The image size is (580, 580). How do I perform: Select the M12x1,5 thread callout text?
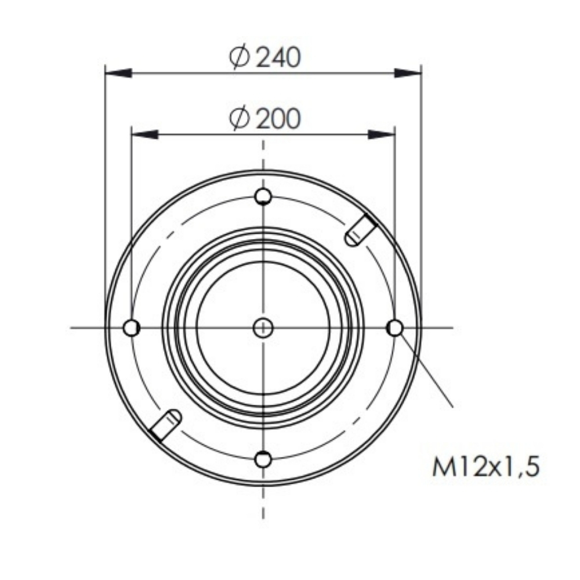click(485, 466)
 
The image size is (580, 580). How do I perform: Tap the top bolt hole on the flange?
click(263, 197)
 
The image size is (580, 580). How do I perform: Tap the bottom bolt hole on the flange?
click(263, 459)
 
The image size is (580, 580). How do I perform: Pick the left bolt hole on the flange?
click(131, 328)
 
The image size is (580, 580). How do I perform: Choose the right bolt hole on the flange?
click(394, 328)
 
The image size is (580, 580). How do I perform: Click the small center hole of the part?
click(263, 328)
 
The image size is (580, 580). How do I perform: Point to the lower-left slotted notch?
click(165, 425)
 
